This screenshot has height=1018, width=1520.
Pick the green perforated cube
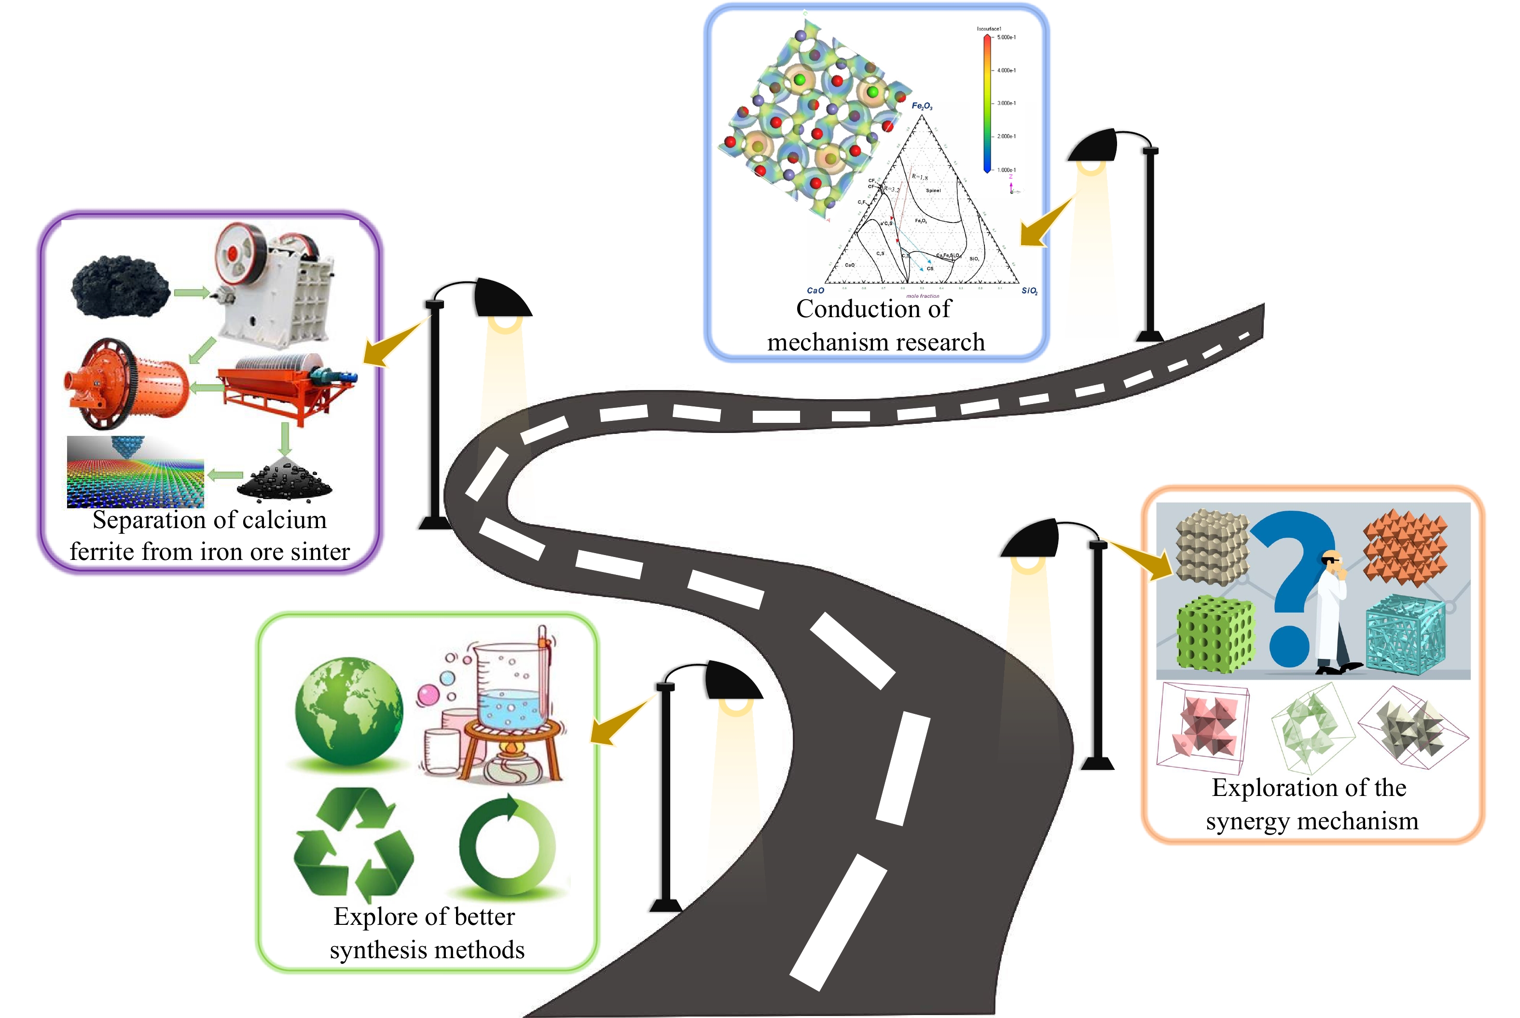[x=1214, y=633]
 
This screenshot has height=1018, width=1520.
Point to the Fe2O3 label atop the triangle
[x=922, y=106]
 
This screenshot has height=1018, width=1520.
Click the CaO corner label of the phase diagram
[x=815, y=290]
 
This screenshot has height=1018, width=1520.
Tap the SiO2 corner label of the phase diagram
[x=1029, y=291]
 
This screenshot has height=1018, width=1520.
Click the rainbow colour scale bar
[x=987, y=104]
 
